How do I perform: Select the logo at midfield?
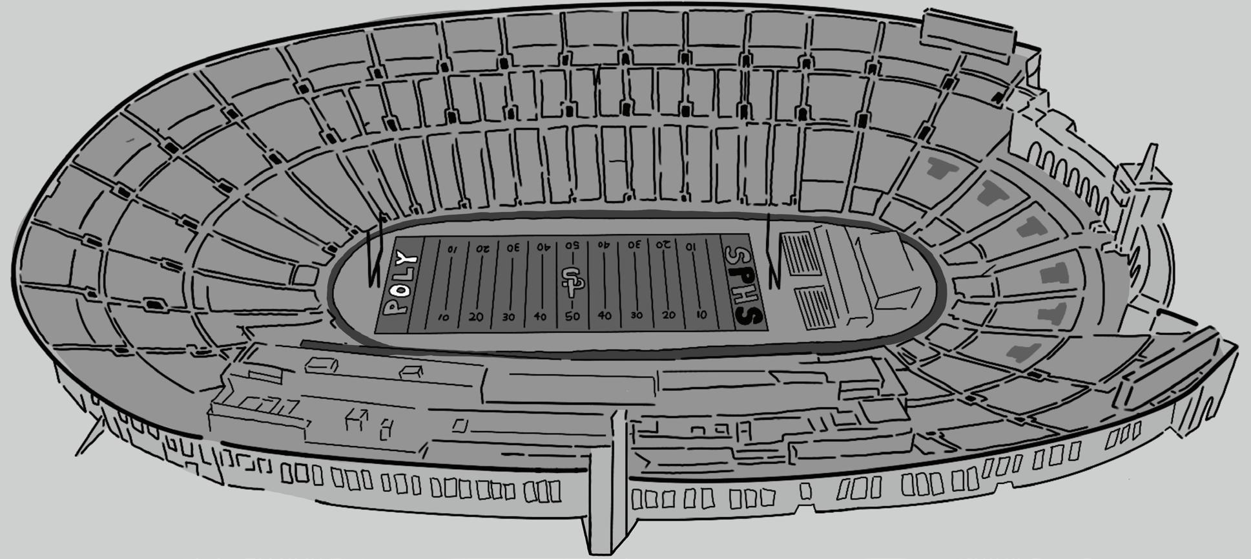coord(570,282)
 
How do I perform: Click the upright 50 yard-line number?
coord(572,317)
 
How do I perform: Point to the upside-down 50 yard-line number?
coord(572,246)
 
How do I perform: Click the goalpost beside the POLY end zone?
coord(375,252)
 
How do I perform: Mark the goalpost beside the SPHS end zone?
coord(771,252)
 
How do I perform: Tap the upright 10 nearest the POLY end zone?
coord(443,317)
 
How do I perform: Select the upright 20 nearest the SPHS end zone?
coord(668,315)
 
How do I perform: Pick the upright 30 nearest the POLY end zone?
coord(508,317)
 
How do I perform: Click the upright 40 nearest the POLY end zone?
coord(540,317)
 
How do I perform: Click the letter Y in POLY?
coord(408,260)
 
